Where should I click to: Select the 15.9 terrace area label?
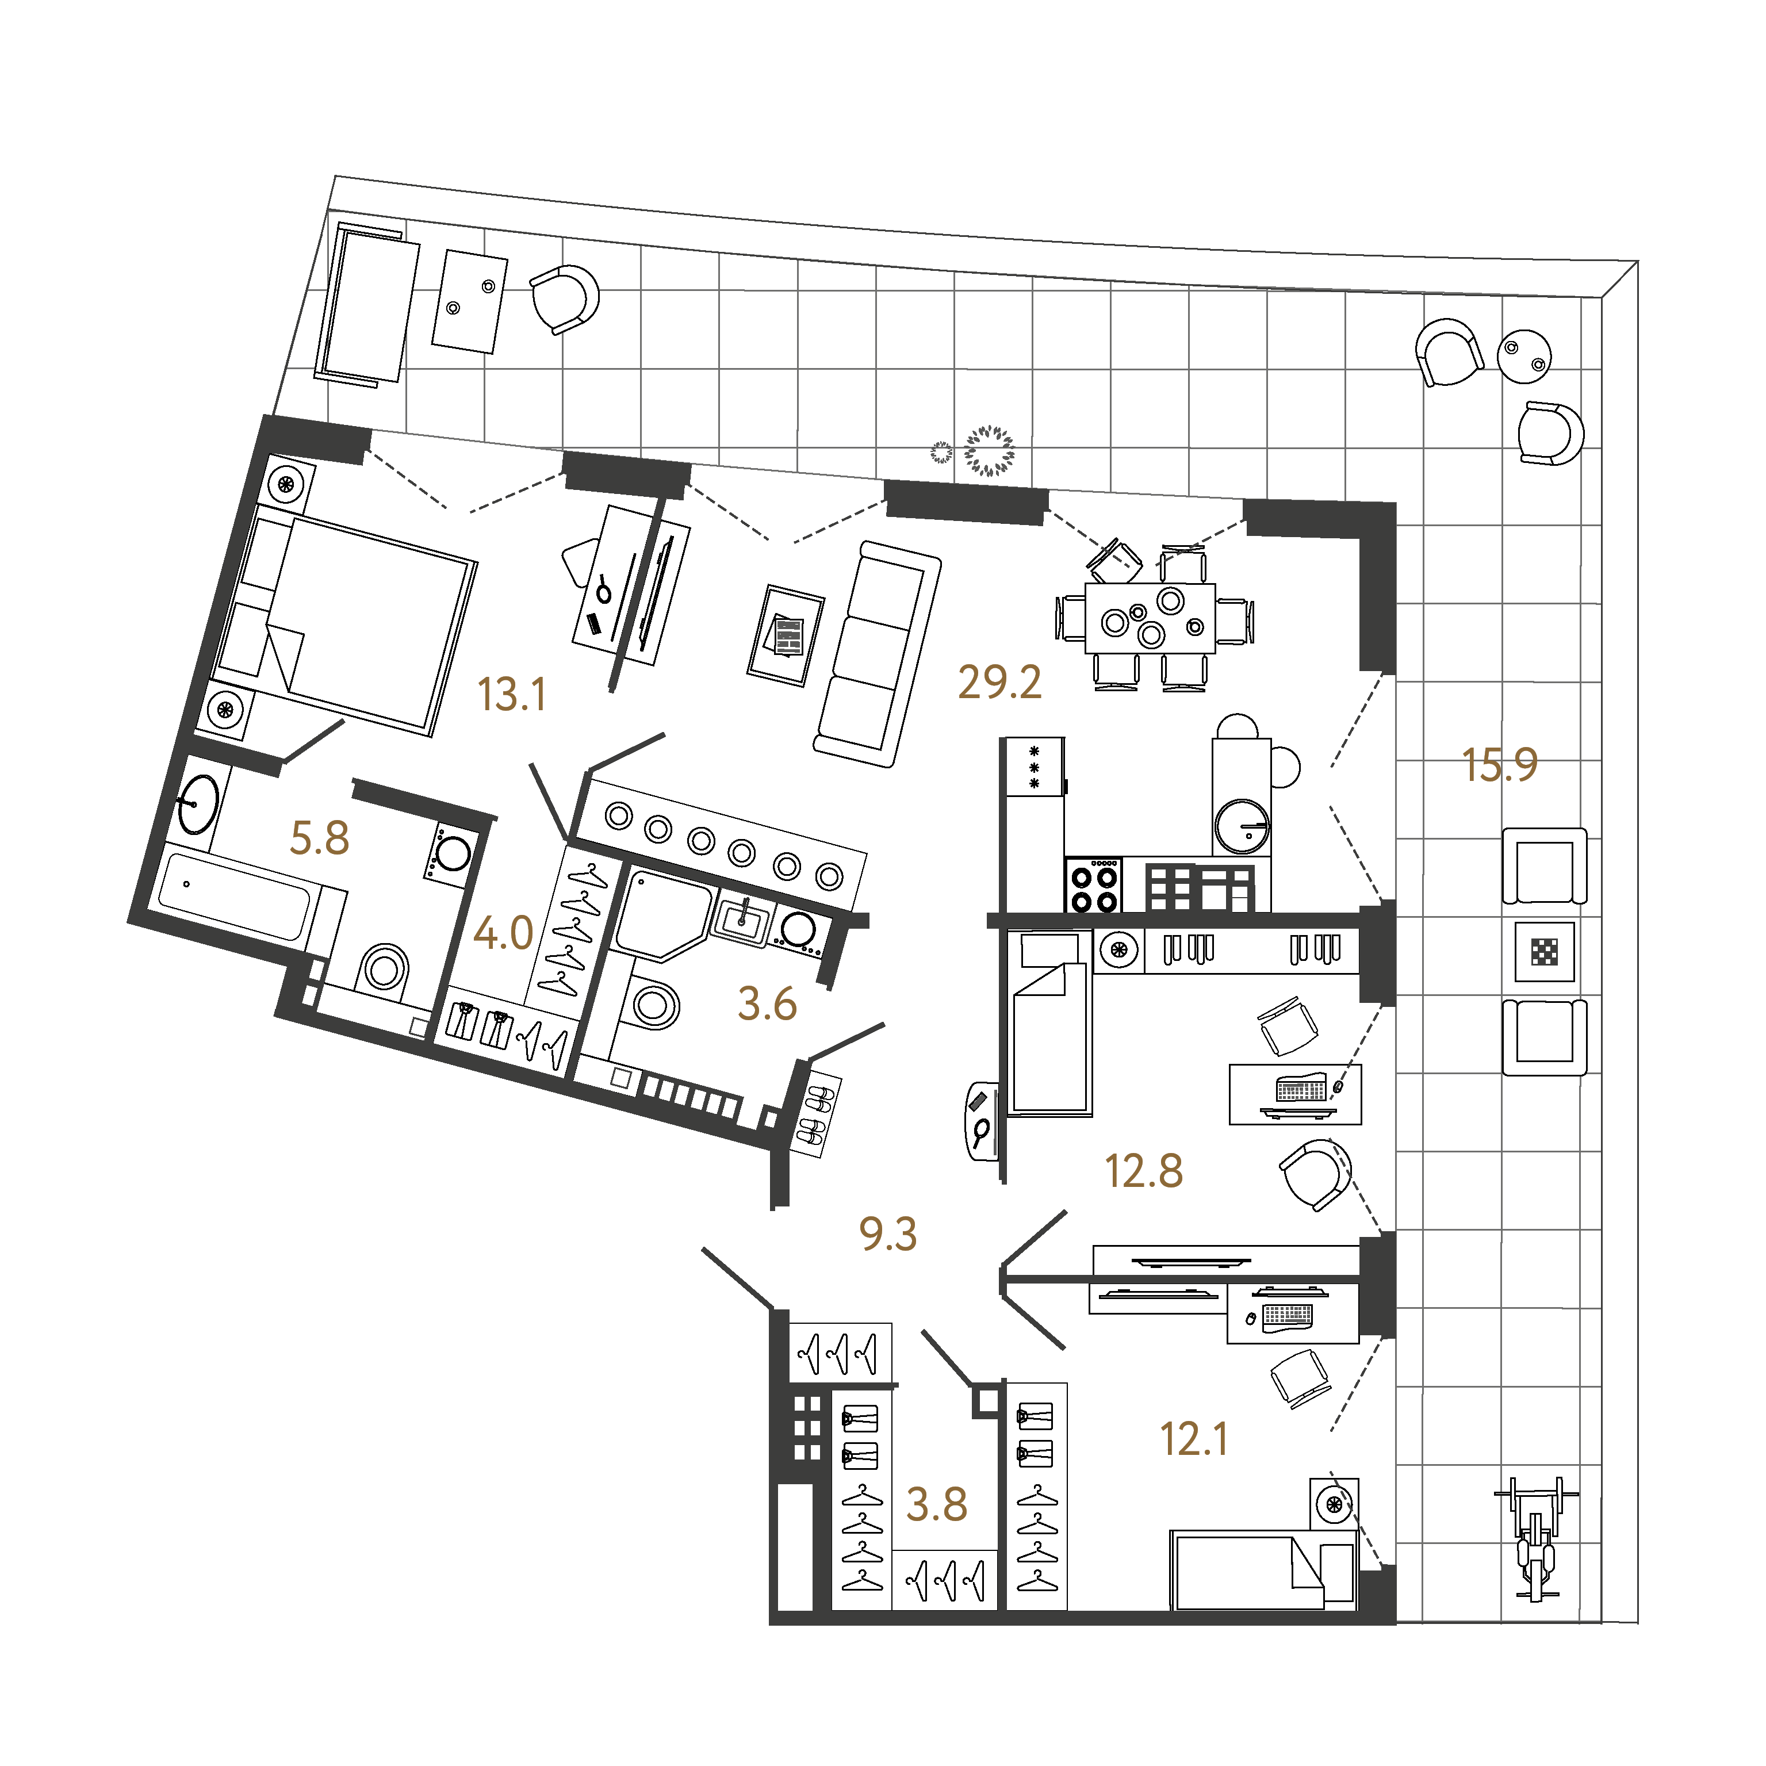pos(1500,765)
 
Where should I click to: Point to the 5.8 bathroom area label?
pos(319,838)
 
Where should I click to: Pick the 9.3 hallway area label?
pos(887,1234)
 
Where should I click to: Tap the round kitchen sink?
pos(1242,825)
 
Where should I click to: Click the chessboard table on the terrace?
pos(1545,952)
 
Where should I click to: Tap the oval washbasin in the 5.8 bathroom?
pos(197,805)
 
